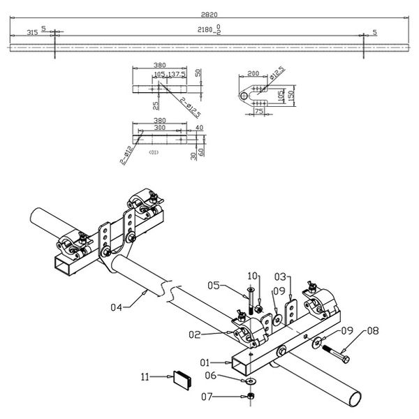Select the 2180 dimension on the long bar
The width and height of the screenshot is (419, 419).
pyautogui.click(x=205, y=30)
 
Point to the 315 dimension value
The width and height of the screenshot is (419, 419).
pyautogui.click(x=31, y=32)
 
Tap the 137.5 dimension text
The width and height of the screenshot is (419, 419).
pyautogui.click(x=175, y=73)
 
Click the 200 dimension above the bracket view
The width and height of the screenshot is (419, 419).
pyautogui.click(x=253, y=72)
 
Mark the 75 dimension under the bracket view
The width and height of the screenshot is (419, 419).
pyautogui.click(x=258, y=110)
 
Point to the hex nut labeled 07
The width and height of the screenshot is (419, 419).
pyautogui.click(x=251, y=397)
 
